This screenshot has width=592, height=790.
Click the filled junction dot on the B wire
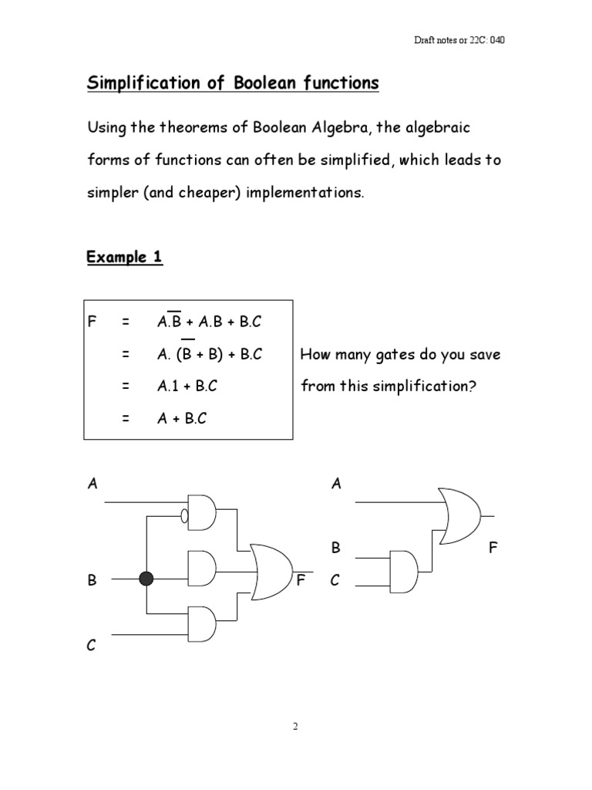click(147, 579)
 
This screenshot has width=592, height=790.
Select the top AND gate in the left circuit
click(203, 512)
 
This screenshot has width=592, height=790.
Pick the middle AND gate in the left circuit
click(203, 569)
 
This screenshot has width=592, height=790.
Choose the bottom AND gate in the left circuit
click(203, 623)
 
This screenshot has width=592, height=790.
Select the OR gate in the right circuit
click(459, 515)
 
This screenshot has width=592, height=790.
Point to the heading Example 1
click(124, 258)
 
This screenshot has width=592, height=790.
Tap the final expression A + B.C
click(181, 418)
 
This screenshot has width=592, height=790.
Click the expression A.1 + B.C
click(186, 387)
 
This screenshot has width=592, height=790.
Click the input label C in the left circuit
click(92, 647)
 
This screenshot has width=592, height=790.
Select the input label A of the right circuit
click(335, 484)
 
